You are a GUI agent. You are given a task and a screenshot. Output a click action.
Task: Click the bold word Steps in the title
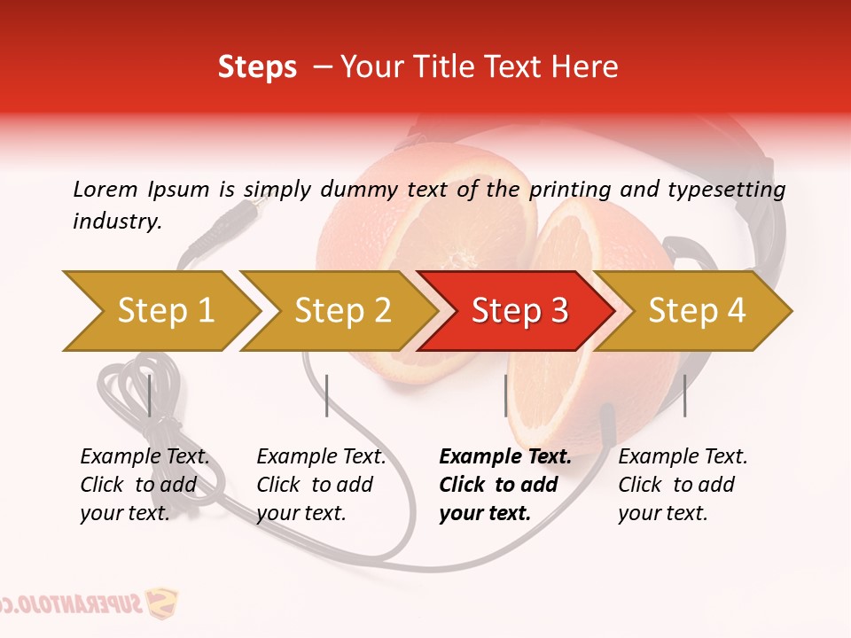tap(257, 67)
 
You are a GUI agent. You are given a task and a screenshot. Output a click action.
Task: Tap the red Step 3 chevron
tap(519, 311)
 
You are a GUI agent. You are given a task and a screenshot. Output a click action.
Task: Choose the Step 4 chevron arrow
tap(697, 311)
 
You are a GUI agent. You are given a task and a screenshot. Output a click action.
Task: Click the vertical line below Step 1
tap(150, 395)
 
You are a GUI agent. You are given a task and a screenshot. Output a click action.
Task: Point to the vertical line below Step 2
tap(327, 395)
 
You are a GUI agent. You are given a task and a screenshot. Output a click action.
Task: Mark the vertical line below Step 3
tap(505, 395)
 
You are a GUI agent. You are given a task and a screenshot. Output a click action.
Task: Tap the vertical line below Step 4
tap(684, 395)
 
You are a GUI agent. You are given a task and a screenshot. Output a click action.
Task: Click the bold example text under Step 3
tap(505, 485)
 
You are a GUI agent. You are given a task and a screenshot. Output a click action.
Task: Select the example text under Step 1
tap(144, 485)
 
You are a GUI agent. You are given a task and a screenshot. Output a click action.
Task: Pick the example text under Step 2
tap(321, 485)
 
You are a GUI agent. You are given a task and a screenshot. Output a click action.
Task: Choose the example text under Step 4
tap(683, 485)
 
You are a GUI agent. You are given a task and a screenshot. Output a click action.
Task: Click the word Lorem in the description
tap(105, 189)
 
